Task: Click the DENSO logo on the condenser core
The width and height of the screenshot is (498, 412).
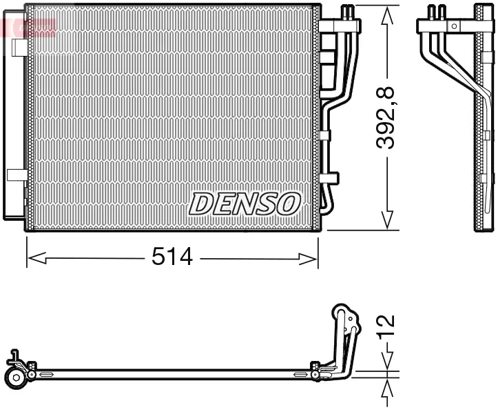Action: coord(245,203)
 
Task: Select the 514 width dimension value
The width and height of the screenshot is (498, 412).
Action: coord(172,258)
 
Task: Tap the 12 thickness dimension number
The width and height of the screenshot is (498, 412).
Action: coord(387,326)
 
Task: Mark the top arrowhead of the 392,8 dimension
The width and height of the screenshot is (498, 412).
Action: coord(388,13)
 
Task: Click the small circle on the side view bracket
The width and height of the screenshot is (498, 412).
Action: coord(453,26)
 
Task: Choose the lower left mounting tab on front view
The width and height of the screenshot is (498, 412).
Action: coord(17,175)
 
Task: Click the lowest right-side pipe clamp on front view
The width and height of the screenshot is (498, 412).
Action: coord(329,177)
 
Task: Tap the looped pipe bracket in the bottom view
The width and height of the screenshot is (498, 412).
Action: coord(344,324)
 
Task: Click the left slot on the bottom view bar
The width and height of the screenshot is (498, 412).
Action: coord(46,375)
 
